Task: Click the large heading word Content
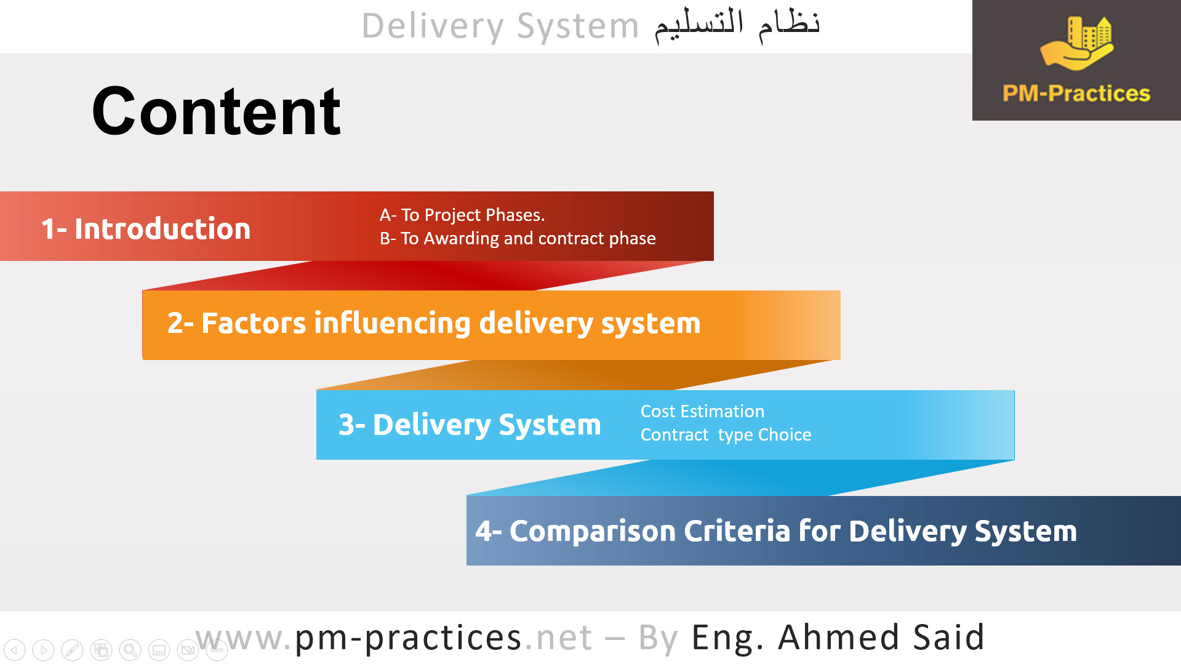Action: pos(216,111)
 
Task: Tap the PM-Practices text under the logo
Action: pos(1076,94)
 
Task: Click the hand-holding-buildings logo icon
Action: pos(1077,43)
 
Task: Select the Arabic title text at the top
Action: pos(737,25)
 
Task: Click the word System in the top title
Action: pos(577,26)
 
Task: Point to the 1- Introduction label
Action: pos(146,229)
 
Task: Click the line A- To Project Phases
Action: pos(462,215)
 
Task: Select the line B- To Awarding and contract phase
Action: pos(518,238)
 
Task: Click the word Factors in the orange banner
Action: pos(253,323)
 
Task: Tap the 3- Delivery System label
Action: pos(470,425)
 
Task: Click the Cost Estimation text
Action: pos(702,411)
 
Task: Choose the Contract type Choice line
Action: pos(726,434)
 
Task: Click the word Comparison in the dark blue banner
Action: pos(593,530)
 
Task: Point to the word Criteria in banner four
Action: pos(737,530)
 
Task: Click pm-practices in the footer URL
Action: pos(408,638)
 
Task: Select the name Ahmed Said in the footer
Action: pos(881,638)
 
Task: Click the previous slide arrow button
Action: pos(14,650)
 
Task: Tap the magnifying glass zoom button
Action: pos(130,650)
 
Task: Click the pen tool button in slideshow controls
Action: pos(72,650)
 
